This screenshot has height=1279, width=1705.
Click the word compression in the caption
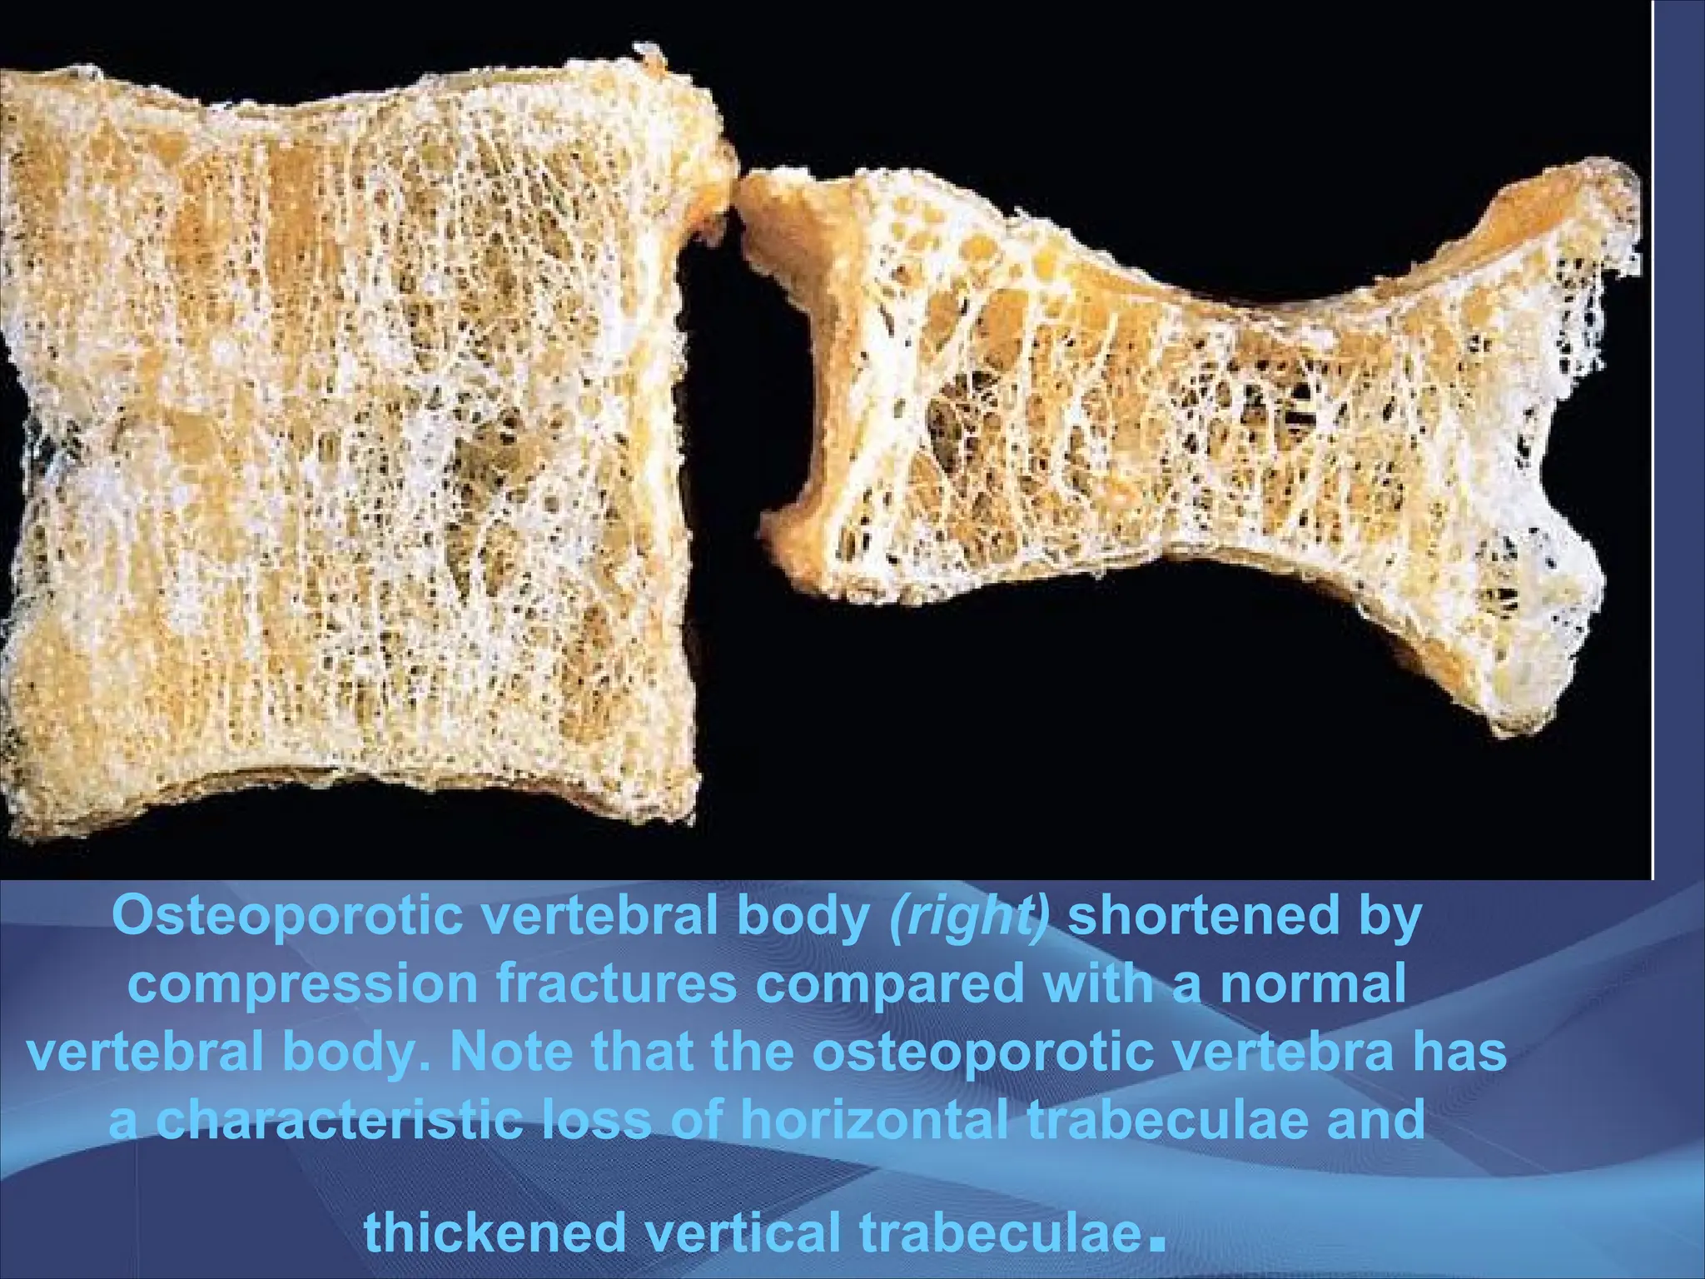coord(305,986)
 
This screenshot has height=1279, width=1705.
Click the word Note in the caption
coord(509,1053)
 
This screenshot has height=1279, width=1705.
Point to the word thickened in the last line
coord(495,1232)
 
